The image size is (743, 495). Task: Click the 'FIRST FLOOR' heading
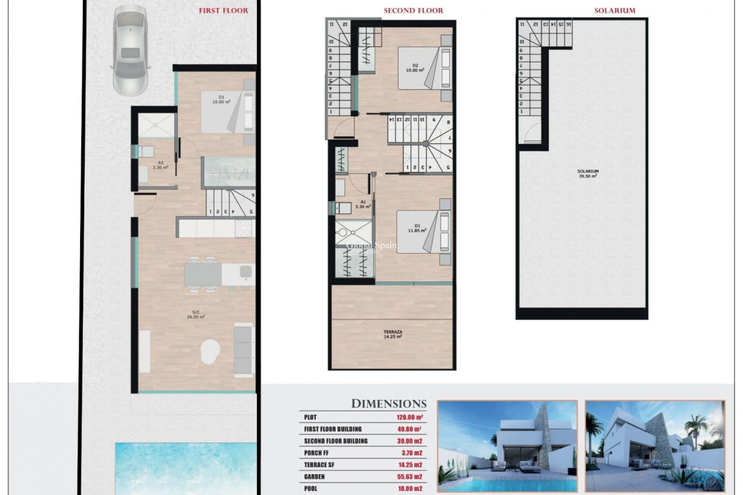[x=223, y=11]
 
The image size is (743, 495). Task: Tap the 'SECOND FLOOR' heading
[x=413, y=11]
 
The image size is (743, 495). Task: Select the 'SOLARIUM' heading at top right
[x=615, y=11]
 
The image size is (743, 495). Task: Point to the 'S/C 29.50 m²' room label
[x=196, y=314]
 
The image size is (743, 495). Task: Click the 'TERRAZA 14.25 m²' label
[x=393, y=334]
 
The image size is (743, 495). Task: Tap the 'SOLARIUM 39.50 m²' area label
[x=588, y=173]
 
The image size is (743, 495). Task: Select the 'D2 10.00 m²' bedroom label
[x=415, y=68]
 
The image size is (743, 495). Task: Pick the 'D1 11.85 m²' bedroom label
[x=417, y=228]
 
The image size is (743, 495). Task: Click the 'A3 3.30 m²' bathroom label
[x=160, y=165]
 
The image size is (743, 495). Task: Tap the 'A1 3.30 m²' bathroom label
[x=363, y=204]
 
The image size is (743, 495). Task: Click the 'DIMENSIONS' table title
[x=389, y=404]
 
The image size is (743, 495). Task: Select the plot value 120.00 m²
[x=409, y=417]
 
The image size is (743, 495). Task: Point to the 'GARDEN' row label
[x=314, y=477]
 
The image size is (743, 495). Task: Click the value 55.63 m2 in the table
[x=409, y=477]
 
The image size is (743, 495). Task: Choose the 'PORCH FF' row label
[x=316, y=453]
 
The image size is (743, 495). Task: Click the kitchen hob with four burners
[x=244, y=228]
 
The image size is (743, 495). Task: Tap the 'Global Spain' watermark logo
[x=371, y=246]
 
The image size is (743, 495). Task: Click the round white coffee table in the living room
[x=210, y=351]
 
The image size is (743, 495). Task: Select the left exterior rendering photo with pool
[x=507, y=445]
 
